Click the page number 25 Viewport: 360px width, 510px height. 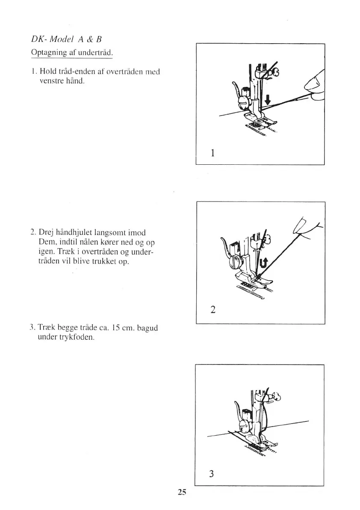pyautogui.click(x=182, y=492)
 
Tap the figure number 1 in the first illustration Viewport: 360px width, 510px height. pyautogui.click(x=212, y=152)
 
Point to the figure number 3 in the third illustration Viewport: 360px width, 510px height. pyautogui.click(x=211, y=474)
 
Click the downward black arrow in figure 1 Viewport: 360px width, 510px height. pyautogui.click(x=268, y=100)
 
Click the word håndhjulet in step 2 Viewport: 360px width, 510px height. pyautogui.click(x=75, y=233)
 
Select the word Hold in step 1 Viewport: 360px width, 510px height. pyautogui.click(x=47, y=72)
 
